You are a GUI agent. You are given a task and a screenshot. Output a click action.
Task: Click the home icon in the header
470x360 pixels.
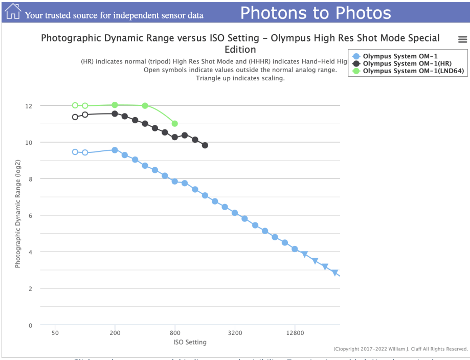click(x=13, y=11)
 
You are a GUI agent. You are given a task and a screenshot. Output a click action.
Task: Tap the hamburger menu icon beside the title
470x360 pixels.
click(x=462, y=39)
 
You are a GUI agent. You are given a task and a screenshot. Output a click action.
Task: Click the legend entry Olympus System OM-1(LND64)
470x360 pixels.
click(x=413, y=71)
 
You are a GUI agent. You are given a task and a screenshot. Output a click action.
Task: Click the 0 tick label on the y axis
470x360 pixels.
click(x=30, y=325)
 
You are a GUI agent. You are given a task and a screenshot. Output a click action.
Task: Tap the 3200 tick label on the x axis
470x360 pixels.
click(x=235, y=332)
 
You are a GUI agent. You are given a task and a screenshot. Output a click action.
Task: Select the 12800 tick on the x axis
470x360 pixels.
click(x=295, y=332)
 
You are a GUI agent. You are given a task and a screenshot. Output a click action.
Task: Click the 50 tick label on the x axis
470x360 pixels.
click(x=55, y=332)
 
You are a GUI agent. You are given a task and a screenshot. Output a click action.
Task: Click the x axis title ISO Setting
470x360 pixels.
click(x=190, y=342)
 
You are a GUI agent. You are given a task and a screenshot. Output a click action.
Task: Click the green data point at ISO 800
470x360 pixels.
click(x=175, y=124)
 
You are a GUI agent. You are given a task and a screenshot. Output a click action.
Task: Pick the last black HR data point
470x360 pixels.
click(x=205, y=145)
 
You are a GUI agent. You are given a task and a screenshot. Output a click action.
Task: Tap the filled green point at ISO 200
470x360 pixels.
click(x=115, y=105)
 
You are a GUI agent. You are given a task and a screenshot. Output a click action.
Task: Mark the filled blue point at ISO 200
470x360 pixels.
click(x=115, y=150)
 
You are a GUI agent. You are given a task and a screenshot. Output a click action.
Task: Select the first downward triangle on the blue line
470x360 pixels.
click(x=305, y=254)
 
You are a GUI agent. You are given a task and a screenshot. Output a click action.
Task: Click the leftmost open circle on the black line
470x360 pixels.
click(x=75, y=117)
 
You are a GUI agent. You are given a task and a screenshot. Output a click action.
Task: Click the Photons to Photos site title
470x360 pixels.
click(x=316, y=13)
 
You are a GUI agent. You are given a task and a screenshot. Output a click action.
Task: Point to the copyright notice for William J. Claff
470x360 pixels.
click(x=400, y=349)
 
